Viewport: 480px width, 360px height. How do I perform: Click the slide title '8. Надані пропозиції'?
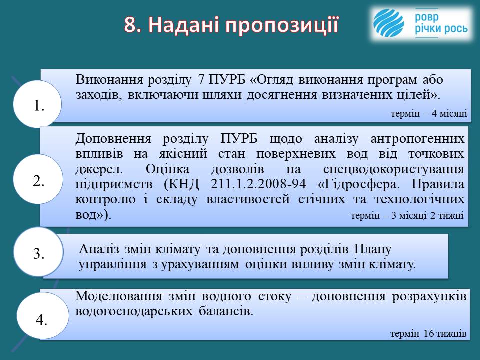point(231,25)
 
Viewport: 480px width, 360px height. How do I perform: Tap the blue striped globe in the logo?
point(389,23)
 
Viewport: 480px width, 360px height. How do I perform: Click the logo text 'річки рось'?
point(441,29)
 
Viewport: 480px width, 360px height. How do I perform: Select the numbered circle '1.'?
point(37,104)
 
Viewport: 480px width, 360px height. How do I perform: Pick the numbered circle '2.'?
point(38,179)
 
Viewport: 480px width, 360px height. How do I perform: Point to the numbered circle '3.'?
point(38,252)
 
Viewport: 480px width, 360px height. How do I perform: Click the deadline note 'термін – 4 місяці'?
point(429,113)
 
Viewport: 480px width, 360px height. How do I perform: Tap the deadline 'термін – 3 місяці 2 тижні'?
point(407,215)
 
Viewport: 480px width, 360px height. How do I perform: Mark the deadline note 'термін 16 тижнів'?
point(428,333)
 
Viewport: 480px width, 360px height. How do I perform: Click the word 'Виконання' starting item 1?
point(109,79)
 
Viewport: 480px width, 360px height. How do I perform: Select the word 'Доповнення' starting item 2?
point(113,139)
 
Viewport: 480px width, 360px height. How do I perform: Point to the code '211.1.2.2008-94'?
point(258,184)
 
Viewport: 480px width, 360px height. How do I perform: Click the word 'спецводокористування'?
point(394,169)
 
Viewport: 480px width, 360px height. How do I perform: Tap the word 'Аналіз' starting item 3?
point(99,249)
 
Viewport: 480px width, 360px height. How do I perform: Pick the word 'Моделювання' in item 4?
point(119,296)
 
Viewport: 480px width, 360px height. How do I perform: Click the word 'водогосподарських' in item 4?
point(134,311)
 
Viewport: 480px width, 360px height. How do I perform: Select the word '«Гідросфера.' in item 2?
point(359,184)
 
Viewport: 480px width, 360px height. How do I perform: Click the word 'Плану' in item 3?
point(373,249)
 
